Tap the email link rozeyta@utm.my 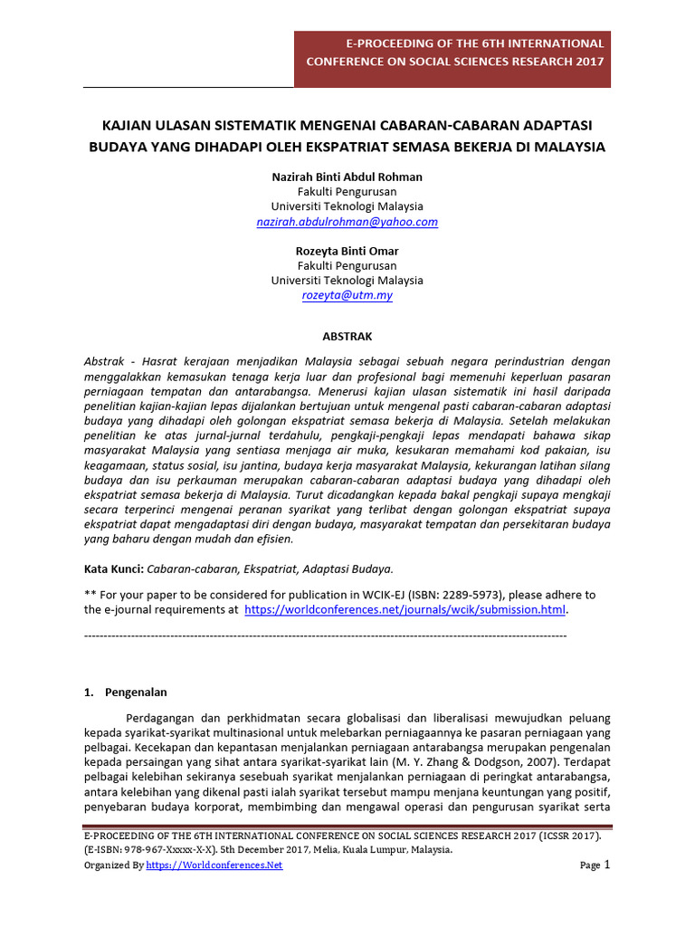(347, 295)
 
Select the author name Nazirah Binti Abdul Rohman (347, 177)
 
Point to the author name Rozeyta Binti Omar (347, 251)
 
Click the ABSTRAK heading (347, 336)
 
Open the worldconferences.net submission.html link (405, 610)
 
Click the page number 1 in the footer (607, 865)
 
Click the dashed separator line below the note (325, 636)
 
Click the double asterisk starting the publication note (89, 595)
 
